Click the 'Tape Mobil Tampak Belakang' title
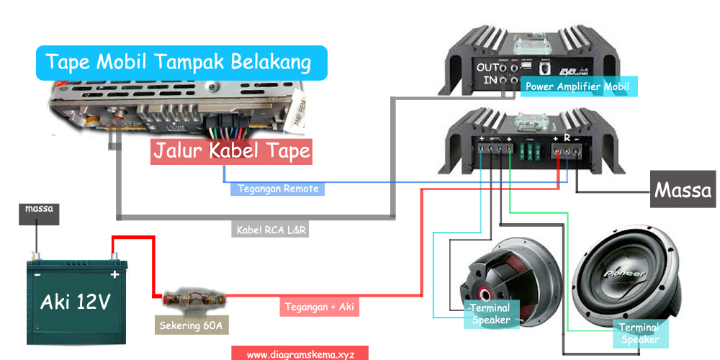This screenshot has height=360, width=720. pyautogui.click(x=181, y=63)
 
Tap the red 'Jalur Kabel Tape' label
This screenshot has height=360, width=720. pyautogui.click(x=232, y=151)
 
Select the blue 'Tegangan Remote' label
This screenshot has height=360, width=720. pyautogui.click(x=277, y=189)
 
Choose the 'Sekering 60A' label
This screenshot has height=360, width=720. pyautogui.click(x=192, y=326)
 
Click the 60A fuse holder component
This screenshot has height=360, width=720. pyautogui.click(x=192, y=297)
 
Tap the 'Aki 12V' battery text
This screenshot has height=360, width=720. pyautogui.click(x=75, y=302)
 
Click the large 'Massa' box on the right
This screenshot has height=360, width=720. pyautogui.click(x=683, y=191)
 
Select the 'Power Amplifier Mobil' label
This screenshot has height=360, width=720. pyautogui.click(x=577, y=86)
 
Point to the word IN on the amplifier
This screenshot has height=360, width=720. pyautogui.click(x=490, y=80)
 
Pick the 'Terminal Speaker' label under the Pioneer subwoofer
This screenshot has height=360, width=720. pyautogui.click(x=639, y=333)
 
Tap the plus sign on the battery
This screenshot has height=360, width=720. pyautogui.click(x=113, y=274)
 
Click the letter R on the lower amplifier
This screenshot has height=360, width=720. pyautogui.click(x=567, y=137)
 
